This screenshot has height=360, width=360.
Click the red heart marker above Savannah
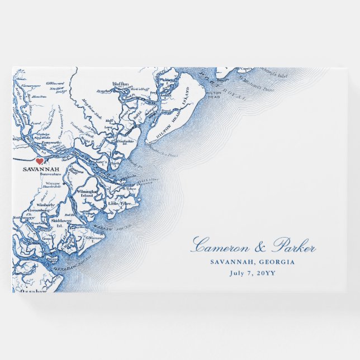(40, 161)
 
